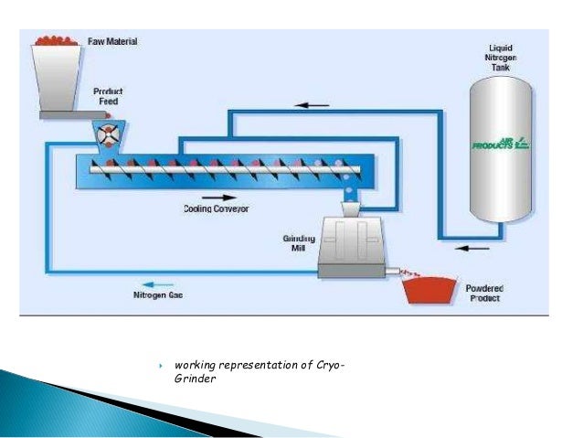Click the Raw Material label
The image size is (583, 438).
coord(112,41)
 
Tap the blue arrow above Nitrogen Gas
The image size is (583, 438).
coord(150,283)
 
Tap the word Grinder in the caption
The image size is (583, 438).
coord(194,380)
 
